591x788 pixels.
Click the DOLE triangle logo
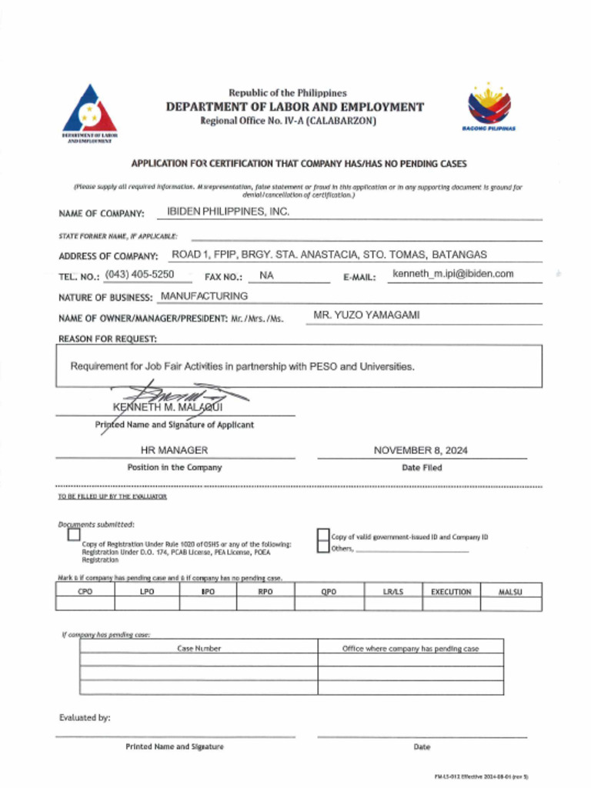tap(89, 112)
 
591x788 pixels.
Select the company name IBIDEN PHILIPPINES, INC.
tap(229, 212)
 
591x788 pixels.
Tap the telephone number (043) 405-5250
tap(139, 274)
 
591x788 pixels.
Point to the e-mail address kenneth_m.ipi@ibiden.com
tap(452, 274)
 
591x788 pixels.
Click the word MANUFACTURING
tap(203, 296)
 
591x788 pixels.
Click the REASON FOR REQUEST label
tap(108, 339)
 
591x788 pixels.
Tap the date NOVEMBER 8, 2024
tap(420, 450)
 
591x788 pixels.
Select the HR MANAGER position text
tap(174, 450)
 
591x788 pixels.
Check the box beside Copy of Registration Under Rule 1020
tap(74, 535)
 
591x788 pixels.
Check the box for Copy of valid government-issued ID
tap(323, 536)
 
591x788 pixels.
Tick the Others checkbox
tap(323, 548)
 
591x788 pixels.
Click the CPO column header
tap(85, 592)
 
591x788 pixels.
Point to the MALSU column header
tap(510, 592)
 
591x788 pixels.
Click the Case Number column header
tap(199, 649)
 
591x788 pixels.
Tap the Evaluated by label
tap(85, 718)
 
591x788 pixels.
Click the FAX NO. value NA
tap(266, 275)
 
